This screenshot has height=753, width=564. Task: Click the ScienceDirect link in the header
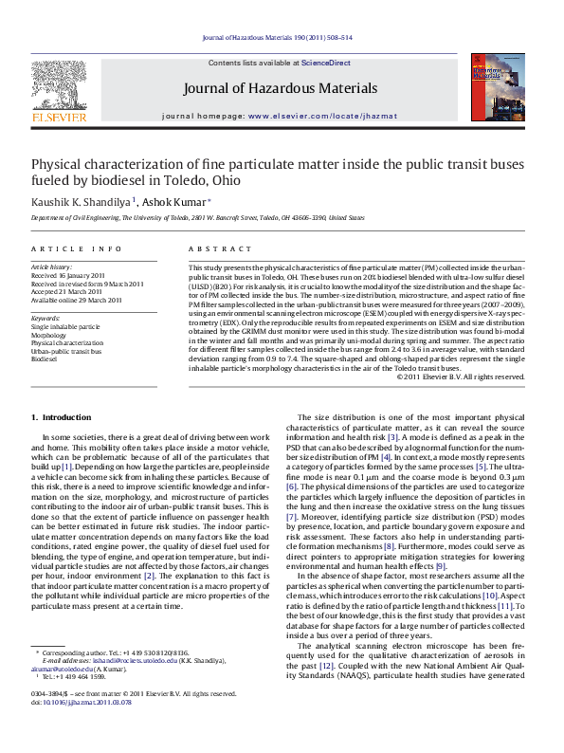[x=325, y=63]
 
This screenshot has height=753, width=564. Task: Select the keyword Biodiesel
[x=45, y=360]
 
